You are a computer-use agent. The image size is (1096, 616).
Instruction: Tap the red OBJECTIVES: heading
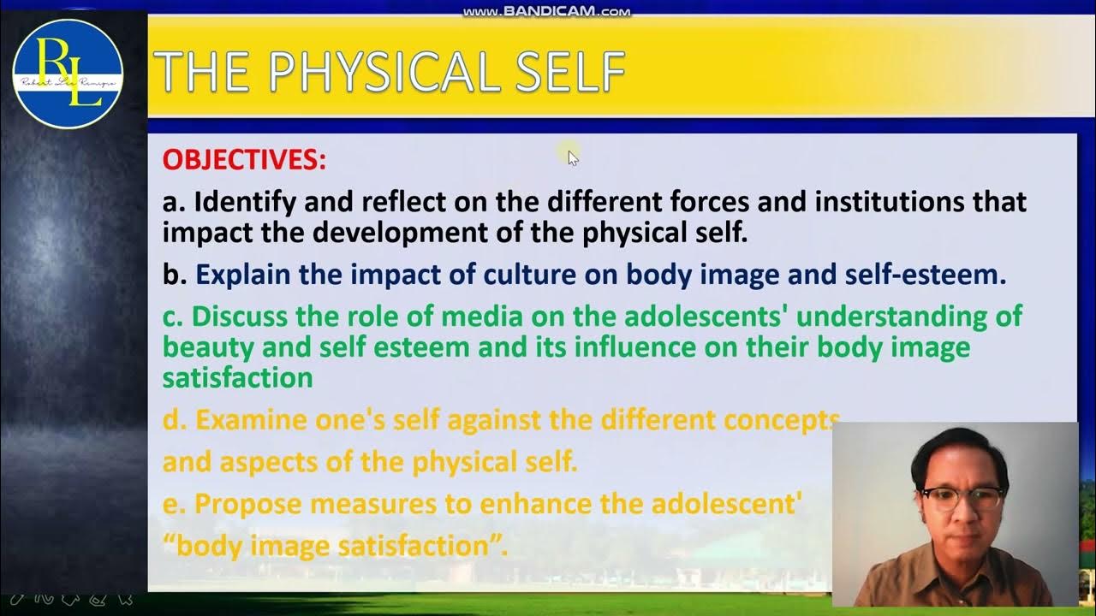[x=244, y=160]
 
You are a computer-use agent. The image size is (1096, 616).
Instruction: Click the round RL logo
[x=68, y=74]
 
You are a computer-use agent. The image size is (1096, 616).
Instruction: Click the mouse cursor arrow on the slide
[x=573, y=157]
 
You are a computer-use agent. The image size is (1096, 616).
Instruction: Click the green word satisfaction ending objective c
[x=237, y=377]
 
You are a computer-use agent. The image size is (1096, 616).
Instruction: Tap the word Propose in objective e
[x=247, y=504]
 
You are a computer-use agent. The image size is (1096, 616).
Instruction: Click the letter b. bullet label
[x=175, y=275]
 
